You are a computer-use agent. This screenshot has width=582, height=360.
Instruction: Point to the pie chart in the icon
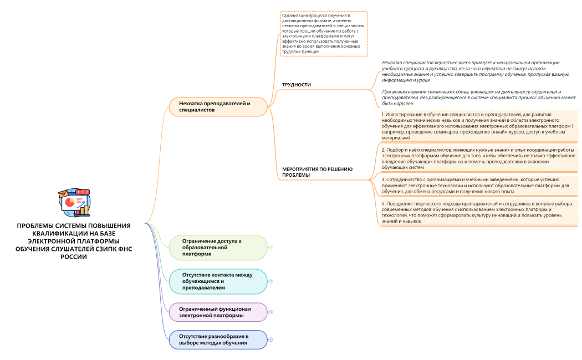[70, 202]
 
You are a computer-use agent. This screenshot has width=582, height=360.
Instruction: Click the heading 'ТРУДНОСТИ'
[297, 85]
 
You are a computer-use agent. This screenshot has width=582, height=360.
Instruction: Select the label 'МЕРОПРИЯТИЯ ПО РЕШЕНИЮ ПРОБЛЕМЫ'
[317, 172]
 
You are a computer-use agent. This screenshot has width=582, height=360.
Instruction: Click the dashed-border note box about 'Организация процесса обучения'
[324, 33]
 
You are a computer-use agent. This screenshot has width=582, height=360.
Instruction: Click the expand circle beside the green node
[270, 248]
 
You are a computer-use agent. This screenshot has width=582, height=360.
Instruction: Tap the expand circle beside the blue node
[270, 340]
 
